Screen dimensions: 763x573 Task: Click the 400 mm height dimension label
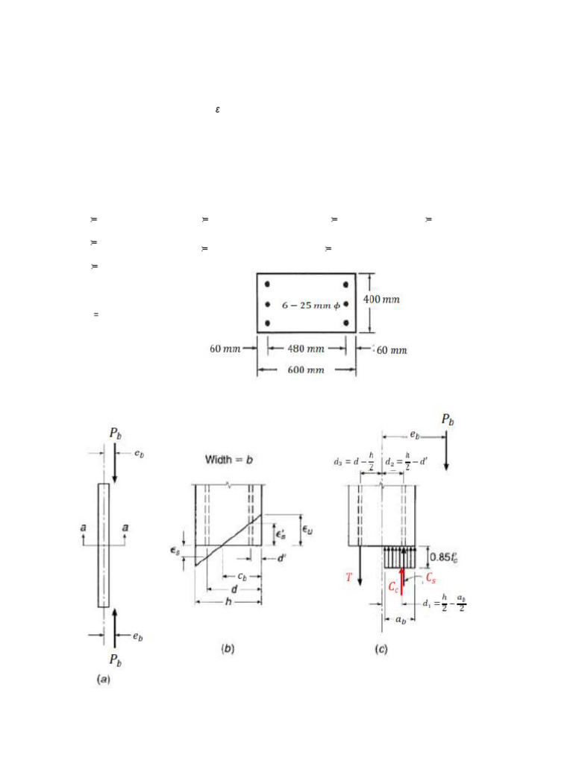tap(381, 300)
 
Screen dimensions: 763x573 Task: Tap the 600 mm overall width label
tap(306, 370)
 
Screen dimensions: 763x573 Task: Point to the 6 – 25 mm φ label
tap(307, 305)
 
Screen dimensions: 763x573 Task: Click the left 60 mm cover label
tap(225, 348)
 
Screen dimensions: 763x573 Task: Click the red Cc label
tap(393, 586)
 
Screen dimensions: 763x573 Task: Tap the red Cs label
tap(430, 577)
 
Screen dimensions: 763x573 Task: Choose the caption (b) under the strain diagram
tap(228, 649)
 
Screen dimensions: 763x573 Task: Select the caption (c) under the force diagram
tap(381, 649)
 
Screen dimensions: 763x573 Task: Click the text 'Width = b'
tap(229, 460)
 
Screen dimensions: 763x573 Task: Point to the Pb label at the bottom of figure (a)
tap(115, 659)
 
